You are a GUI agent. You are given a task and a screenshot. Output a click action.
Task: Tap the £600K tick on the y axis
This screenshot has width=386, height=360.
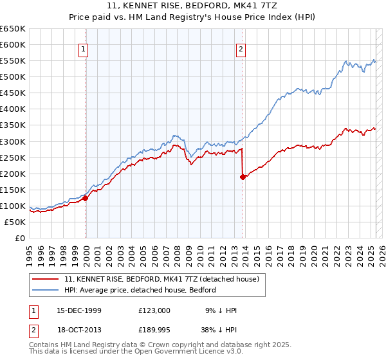13,44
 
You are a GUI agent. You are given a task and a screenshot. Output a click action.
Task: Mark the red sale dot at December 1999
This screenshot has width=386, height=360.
86,198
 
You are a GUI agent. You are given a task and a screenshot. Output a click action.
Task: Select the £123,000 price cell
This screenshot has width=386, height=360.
154,310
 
